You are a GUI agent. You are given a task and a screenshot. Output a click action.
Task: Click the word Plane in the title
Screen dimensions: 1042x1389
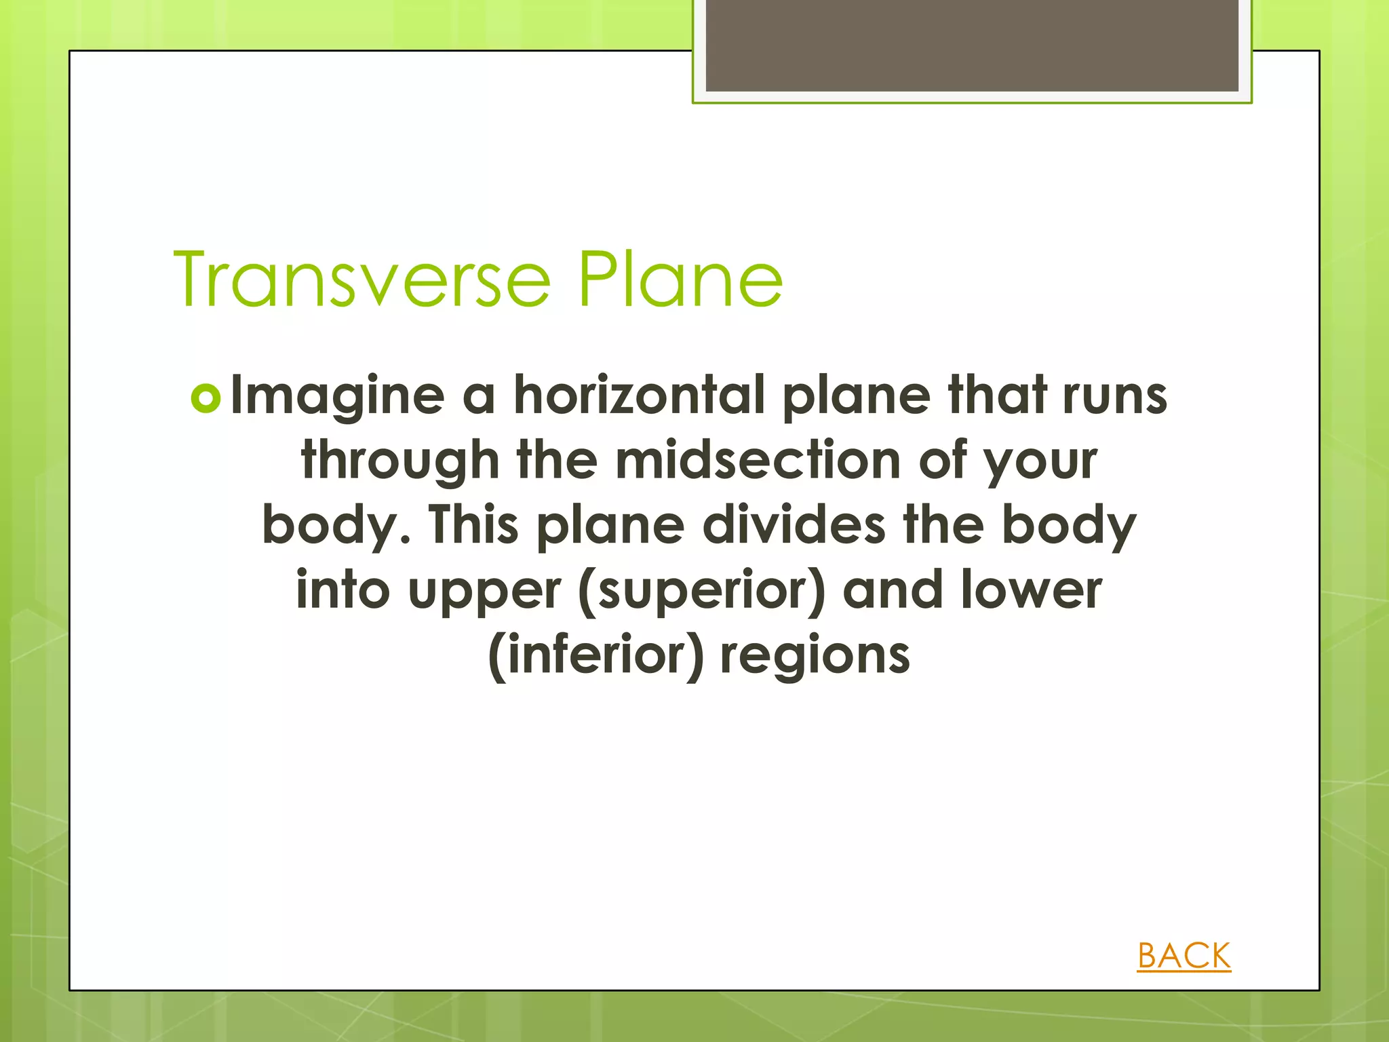click(x=680, y=279)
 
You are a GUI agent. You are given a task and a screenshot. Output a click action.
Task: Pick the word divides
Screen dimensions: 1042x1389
click(x=794, y=525)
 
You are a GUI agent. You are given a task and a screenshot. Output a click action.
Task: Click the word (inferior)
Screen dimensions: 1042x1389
click(x=596, y=655)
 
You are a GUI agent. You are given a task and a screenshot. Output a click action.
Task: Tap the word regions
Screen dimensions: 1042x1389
click(x=815, y=655)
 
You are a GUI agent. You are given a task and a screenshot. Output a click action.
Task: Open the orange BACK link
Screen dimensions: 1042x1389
click(x=1183, y=956)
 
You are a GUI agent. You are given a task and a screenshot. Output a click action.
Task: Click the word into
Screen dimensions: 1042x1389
click(x=343, y=589)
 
